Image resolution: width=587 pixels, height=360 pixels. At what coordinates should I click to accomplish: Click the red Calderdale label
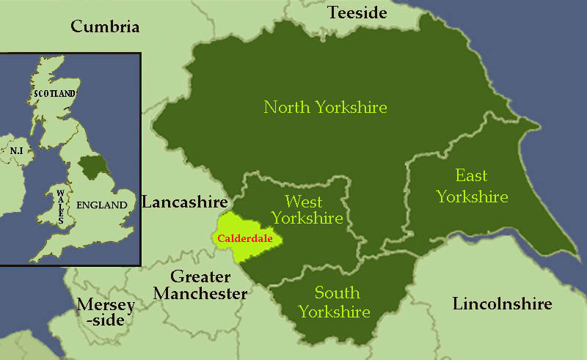pyautogui.click(x=244, y=238)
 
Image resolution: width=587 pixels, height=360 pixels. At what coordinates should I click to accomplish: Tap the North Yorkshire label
pyautogui.click(x=325, y=108)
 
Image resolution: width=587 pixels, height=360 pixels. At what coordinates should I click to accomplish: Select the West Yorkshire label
pyautogui.click(x=307, y=209)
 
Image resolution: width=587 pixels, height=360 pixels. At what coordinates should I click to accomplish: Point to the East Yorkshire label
pyautogui.click(x=472, y=186)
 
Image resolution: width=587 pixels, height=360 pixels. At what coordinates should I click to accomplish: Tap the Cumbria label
pyautogui.click(x=105, y=27)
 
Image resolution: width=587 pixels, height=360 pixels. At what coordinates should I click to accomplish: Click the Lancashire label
pyautogui.click(x=186, y=202)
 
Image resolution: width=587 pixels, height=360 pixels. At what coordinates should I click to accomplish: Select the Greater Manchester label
pyautogui.click(x=209, y=285)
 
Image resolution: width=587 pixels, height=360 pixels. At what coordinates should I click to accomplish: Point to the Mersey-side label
pyautogui.click(x=106, y=312)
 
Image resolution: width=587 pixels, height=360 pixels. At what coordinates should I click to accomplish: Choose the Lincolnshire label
pyautogui.click(x=502, y=304)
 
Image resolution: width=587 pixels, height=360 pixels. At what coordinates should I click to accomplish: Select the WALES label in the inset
pyautogui.click(x=59, y=206)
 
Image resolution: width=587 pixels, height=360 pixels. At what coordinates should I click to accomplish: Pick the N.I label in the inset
pyautogui.click(x=16, y=150)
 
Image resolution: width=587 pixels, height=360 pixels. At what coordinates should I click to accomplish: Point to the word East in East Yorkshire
pyautogui.click(x=472, y=176)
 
